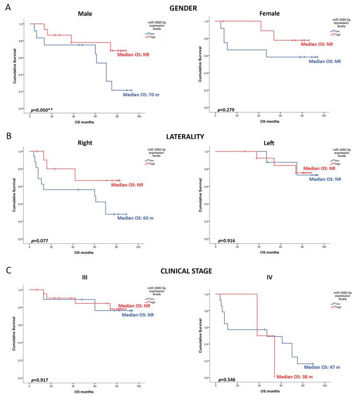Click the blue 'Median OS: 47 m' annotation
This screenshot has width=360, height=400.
pos(322,367)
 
